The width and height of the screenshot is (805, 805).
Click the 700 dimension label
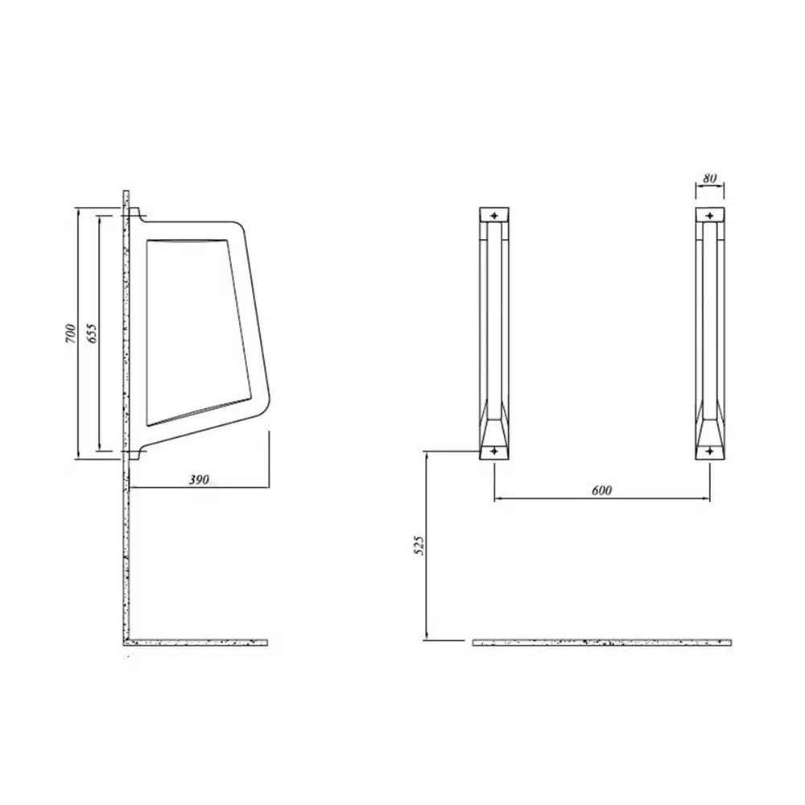coord(70,334)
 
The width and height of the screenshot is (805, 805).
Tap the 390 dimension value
coord(199,480)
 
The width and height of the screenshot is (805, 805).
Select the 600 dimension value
coord(601,490)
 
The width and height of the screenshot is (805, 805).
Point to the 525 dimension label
coord(419,545)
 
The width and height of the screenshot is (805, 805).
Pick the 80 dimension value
coord(709,178)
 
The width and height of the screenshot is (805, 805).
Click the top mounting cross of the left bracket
coord(494,216)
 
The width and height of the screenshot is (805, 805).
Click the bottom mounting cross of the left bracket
coord(494,452)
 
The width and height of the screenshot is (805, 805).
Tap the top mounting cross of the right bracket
coord(709,216)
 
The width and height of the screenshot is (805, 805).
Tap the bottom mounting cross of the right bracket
coord(709,452)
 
